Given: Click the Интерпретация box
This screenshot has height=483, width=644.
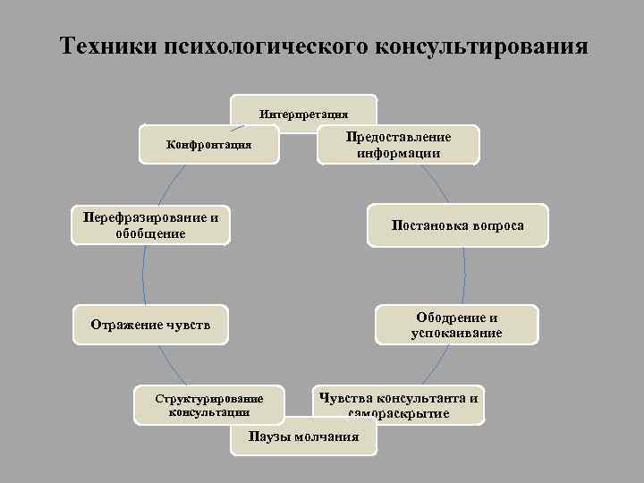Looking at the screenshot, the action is pos(303,113).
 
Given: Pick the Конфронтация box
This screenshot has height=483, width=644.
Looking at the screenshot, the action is pos(209,144).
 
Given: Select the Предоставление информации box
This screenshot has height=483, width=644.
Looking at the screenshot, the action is pos(398,144).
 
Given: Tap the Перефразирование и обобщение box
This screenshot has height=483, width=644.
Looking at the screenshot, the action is pos(150,225).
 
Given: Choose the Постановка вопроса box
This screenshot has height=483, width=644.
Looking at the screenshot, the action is pos(458,225).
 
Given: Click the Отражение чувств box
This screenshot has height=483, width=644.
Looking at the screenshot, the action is pos(150,324).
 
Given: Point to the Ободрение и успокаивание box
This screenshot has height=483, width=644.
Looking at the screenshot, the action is pos(456,325).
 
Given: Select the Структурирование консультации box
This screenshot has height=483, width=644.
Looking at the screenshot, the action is pos(208,404).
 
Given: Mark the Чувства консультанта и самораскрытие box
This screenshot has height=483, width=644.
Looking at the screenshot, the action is pos(399,405).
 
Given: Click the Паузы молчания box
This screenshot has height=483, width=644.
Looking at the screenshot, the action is pos(302,436).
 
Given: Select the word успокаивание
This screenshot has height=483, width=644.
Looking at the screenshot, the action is pos(456,333).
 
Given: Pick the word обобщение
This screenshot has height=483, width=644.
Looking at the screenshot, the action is pos(150,233).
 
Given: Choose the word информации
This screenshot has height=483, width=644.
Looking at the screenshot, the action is pos(398,152).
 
